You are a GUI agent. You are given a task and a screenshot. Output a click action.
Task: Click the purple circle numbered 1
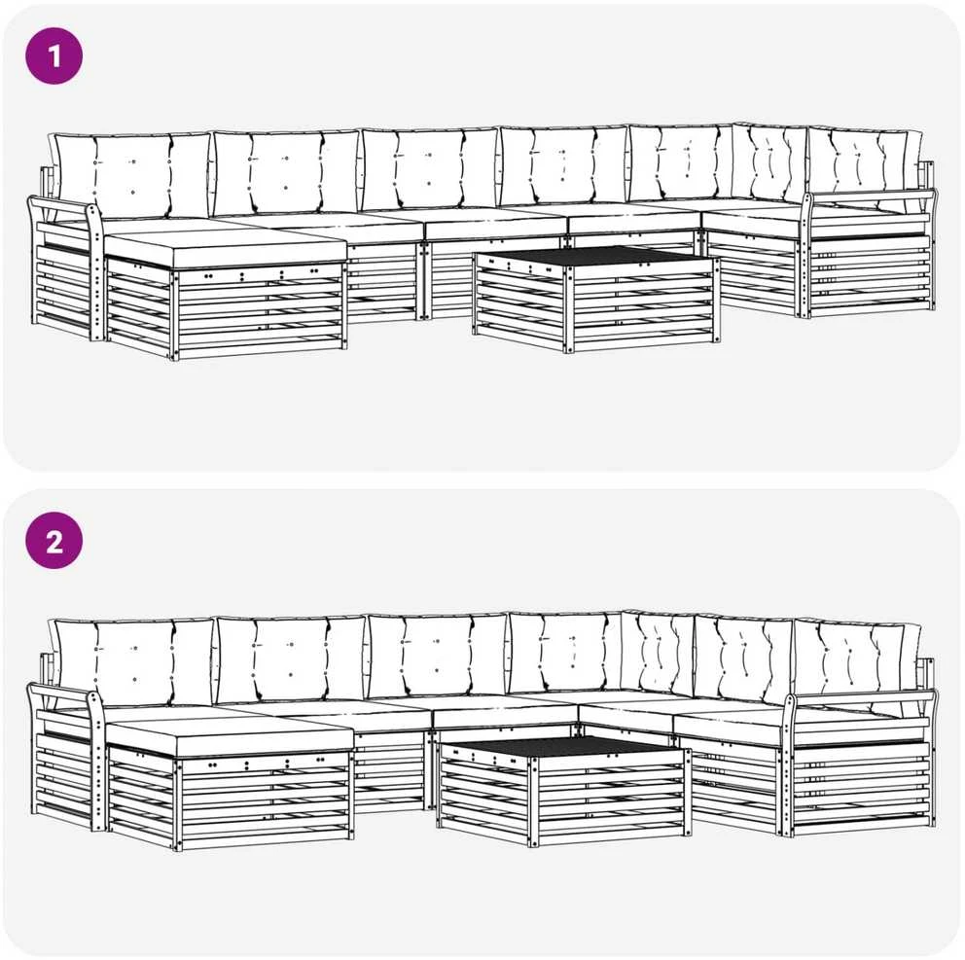coord(54,56)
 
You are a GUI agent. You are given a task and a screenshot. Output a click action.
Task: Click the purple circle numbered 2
coord(54,541)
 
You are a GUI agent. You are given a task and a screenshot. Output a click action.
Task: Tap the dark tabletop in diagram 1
coord(594,257)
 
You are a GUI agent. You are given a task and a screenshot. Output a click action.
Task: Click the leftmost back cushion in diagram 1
coord(132,174)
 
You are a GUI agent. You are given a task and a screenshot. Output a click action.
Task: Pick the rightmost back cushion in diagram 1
coord(864,165)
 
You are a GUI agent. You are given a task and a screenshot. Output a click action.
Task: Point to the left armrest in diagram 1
coord(63,210)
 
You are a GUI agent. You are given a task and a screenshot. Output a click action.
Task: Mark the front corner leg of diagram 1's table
coord(569,311)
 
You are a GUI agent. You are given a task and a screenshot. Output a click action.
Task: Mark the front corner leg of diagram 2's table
coord(534,800)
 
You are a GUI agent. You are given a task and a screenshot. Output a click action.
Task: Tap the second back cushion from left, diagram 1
coord(287,172)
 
